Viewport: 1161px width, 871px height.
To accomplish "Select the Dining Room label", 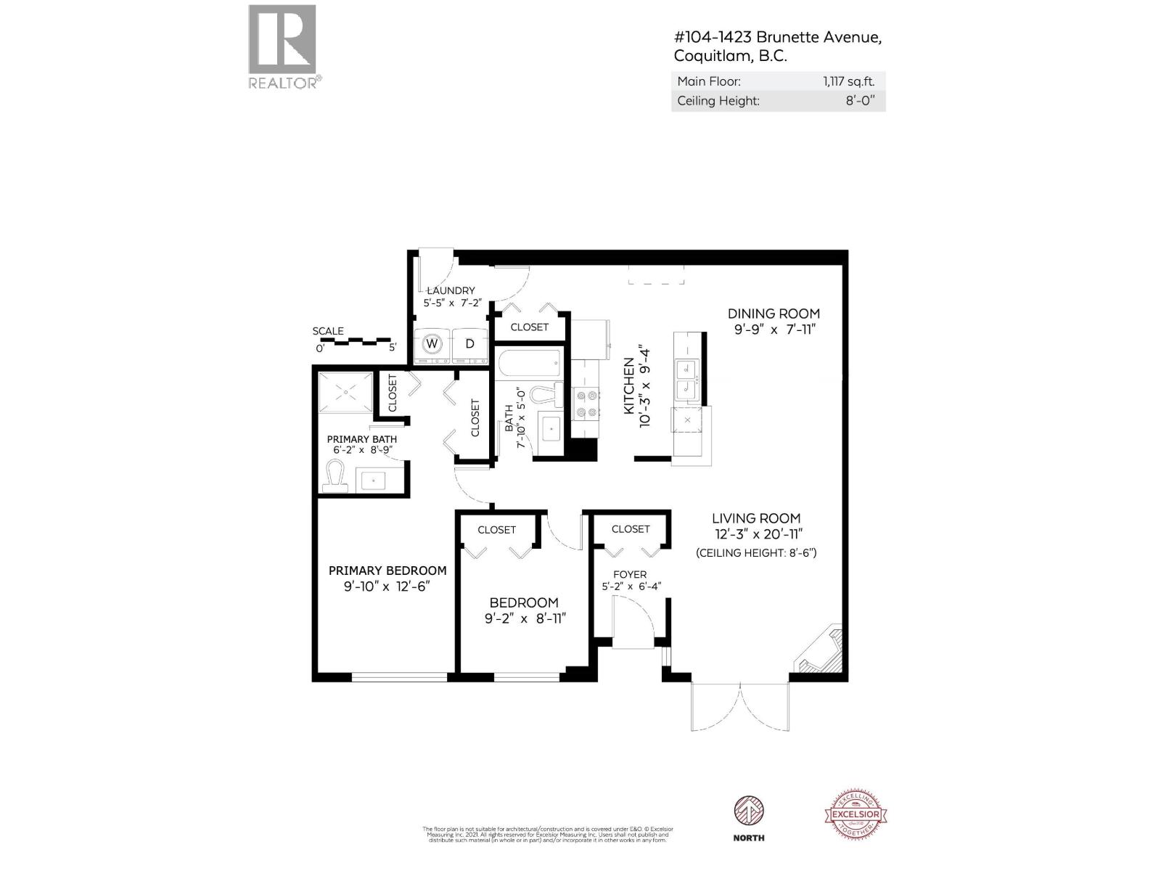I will point(774,314).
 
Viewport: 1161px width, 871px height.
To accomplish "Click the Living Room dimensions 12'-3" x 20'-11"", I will point(756,535).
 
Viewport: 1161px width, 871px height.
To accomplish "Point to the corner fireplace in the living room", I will point(821,652).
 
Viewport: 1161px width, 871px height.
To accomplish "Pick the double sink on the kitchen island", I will point(686,380).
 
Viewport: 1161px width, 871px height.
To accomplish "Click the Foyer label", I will point(629,574).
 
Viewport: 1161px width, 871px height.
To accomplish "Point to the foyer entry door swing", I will point(633,621).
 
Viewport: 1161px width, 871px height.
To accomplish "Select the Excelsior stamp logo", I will point(856,814).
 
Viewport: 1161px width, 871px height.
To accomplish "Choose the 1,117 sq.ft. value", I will point(848,82).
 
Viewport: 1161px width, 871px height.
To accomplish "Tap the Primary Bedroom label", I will point(387,571).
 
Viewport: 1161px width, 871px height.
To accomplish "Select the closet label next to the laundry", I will point(530,327).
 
